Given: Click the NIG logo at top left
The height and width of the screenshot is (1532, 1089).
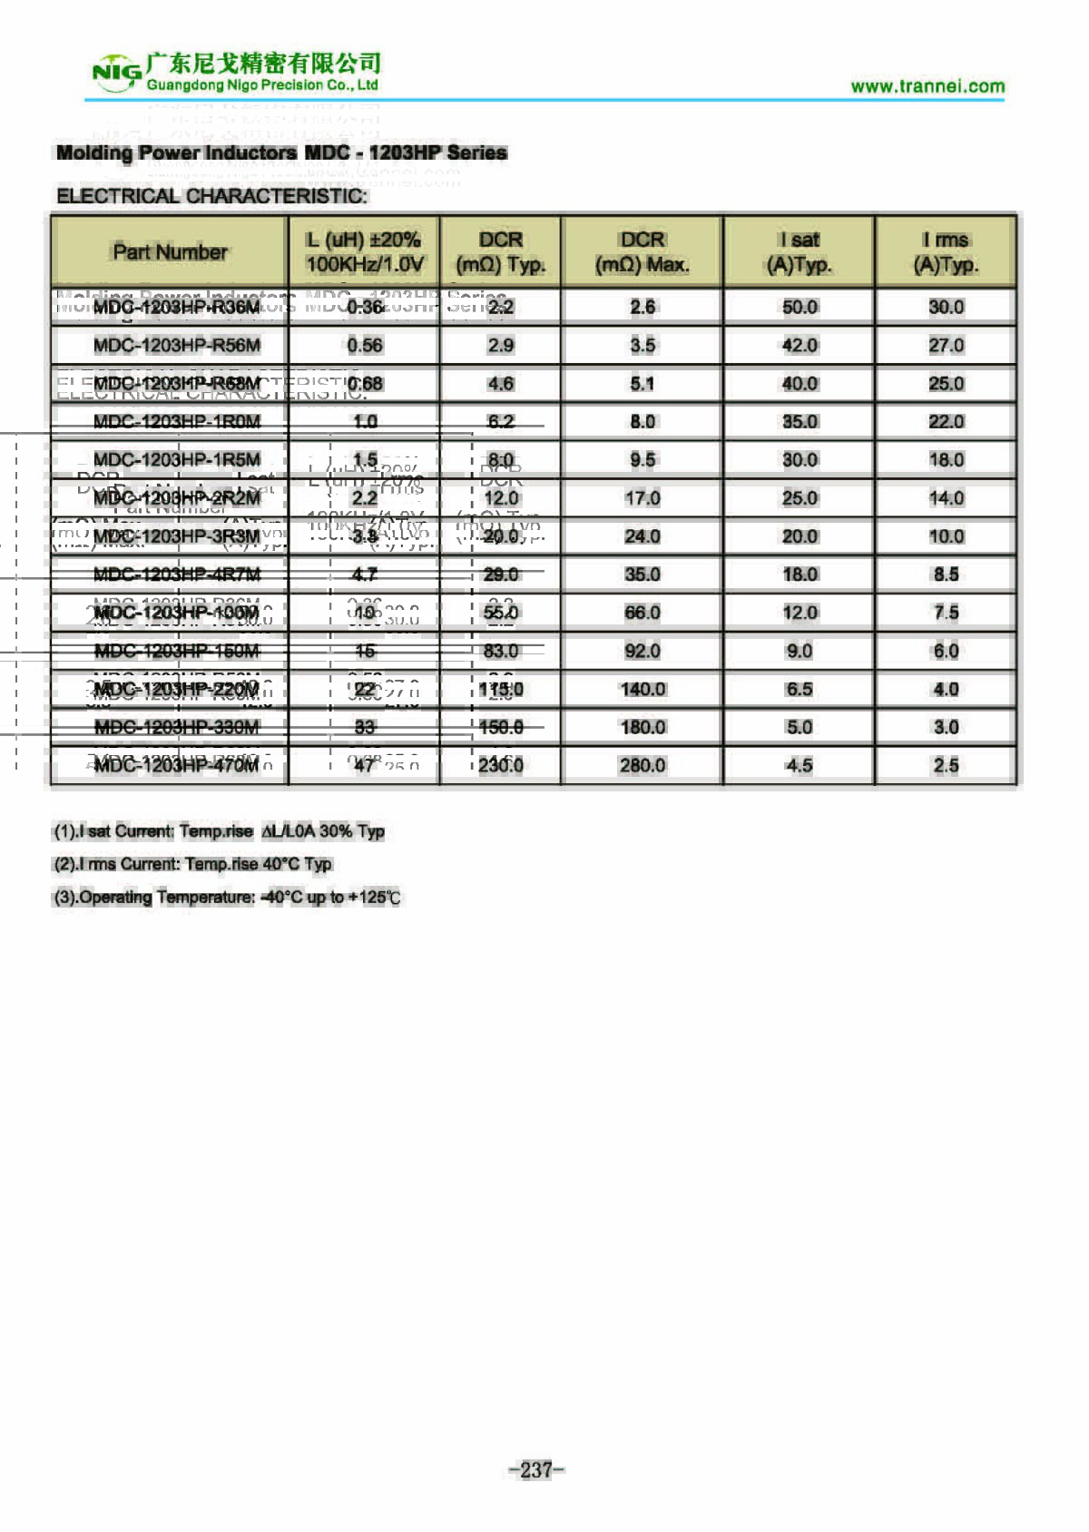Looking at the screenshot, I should pos(116,73).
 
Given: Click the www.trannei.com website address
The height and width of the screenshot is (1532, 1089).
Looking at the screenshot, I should pos(927,86).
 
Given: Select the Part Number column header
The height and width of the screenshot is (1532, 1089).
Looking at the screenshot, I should pos(170,252).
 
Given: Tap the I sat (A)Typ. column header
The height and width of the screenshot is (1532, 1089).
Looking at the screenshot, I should pos(799,252).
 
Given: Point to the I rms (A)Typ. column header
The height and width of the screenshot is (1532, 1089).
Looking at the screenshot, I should pos(946,252).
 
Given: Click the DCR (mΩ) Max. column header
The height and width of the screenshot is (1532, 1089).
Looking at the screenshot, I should pos(642,252).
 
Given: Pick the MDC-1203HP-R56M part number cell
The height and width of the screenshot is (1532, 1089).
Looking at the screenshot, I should pos(177,346).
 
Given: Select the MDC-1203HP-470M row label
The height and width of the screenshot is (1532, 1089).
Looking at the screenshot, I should pos(177,765).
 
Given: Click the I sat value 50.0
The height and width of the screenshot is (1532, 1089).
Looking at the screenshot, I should pos(800,308).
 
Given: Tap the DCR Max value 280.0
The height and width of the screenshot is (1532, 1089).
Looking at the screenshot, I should pos(643,765).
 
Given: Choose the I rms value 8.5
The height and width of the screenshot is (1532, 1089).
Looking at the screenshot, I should pos(946,574).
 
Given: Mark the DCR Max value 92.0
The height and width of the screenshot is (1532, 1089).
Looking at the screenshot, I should pos(643,651).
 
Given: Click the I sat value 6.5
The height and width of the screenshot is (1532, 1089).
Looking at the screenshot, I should pos(800,689).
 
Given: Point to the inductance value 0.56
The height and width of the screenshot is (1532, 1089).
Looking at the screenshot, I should pos(365,346).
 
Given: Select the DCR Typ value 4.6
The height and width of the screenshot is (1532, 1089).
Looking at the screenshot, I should pos(501,384).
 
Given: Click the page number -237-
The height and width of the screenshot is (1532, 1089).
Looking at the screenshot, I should pos(536,1469).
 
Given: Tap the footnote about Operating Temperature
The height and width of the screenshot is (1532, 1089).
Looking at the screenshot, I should pos(227,898).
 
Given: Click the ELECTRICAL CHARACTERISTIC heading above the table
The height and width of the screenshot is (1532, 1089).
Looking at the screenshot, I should pos(212,196).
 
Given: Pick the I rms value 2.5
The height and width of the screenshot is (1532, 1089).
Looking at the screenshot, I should pos(946,765).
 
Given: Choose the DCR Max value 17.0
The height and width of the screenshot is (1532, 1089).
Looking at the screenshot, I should pos(643,498).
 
